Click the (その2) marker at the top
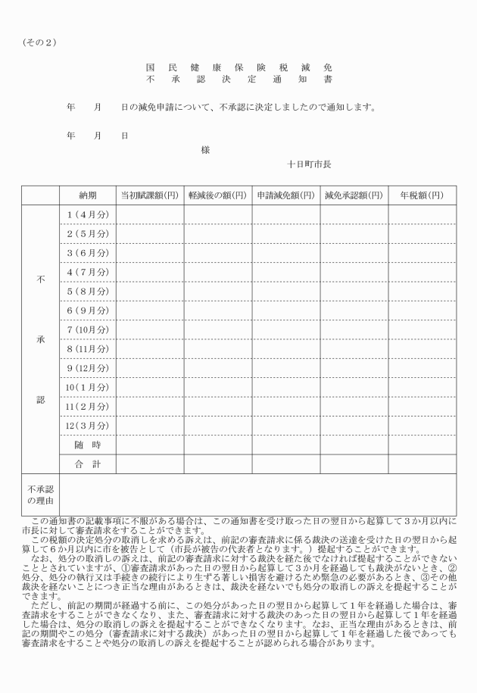(x=40, y=42)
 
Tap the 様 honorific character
(x=205, y=149)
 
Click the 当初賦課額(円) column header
(x=150, y=195)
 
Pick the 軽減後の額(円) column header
(x=217, y=195)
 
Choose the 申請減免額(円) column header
(x=285, y=195)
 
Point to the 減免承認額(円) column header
(x=354, y=195)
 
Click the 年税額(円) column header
(x=422, y=195)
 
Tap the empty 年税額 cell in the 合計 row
(x=422, y=464)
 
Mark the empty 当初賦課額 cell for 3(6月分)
(x=150, y=253)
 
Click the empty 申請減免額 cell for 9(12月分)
(x=285, y=368)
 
